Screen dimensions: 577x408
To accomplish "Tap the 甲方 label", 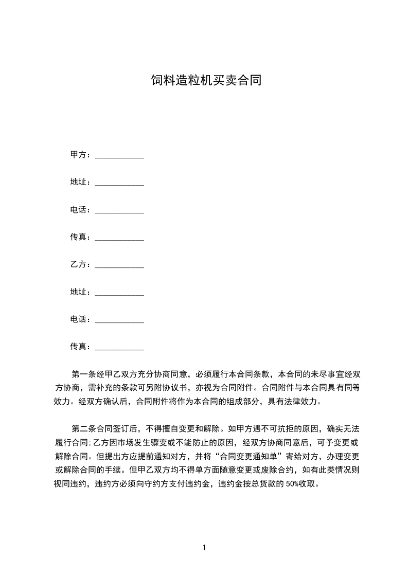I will [x=79, y=155].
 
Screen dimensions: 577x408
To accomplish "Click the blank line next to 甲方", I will [x=119, y=156].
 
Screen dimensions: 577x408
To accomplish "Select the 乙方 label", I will [x=79, y=265].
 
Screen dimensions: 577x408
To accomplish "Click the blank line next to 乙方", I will [x=119, y=266].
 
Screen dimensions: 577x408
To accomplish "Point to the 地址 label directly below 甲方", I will [x=79, y=183].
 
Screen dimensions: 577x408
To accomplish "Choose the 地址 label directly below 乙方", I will [x=79, y=292].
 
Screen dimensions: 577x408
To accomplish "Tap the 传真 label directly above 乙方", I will [x=79, y=237].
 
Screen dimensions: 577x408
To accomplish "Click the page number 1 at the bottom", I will [x=204, y=548].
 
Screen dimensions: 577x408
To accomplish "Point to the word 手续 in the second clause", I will [x=119, y=470].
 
